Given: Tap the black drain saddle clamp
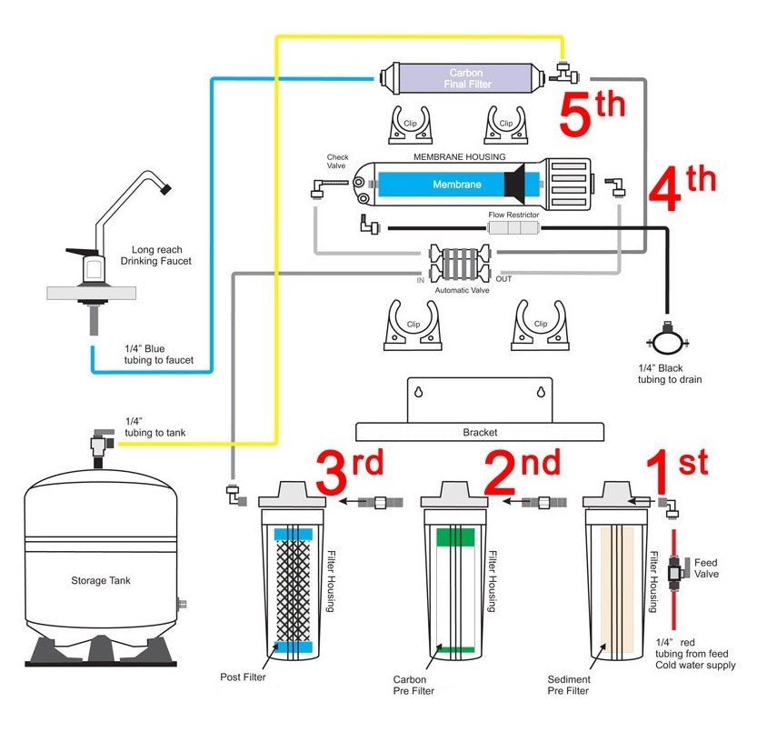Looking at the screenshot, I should pos(665,342).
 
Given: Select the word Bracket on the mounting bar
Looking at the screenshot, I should pos(480,433).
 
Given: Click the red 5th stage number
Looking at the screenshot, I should pos(591,114).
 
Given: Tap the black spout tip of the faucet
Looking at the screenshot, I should pos(164,189).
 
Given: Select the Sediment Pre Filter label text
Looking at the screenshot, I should pos(569,685).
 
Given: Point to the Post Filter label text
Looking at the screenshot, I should pos(243,677).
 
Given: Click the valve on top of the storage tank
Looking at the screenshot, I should pos(97,445).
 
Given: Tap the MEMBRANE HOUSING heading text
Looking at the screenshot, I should pos(459,156).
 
